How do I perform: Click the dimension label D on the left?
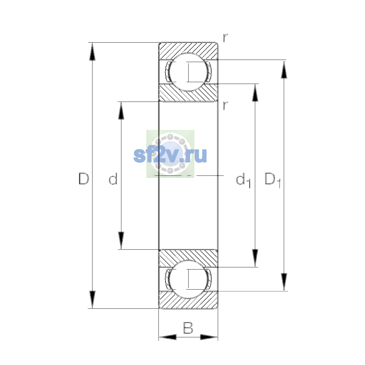pos(84,178)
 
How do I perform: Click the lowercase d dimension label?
pos(113,178)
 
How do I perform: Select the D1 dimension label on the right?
pos(273,180)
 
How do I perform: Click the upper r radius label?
pos(225,38)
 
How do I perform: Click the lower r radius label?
pos(225,106)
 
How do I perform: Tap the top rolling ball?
pos(188,72)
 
